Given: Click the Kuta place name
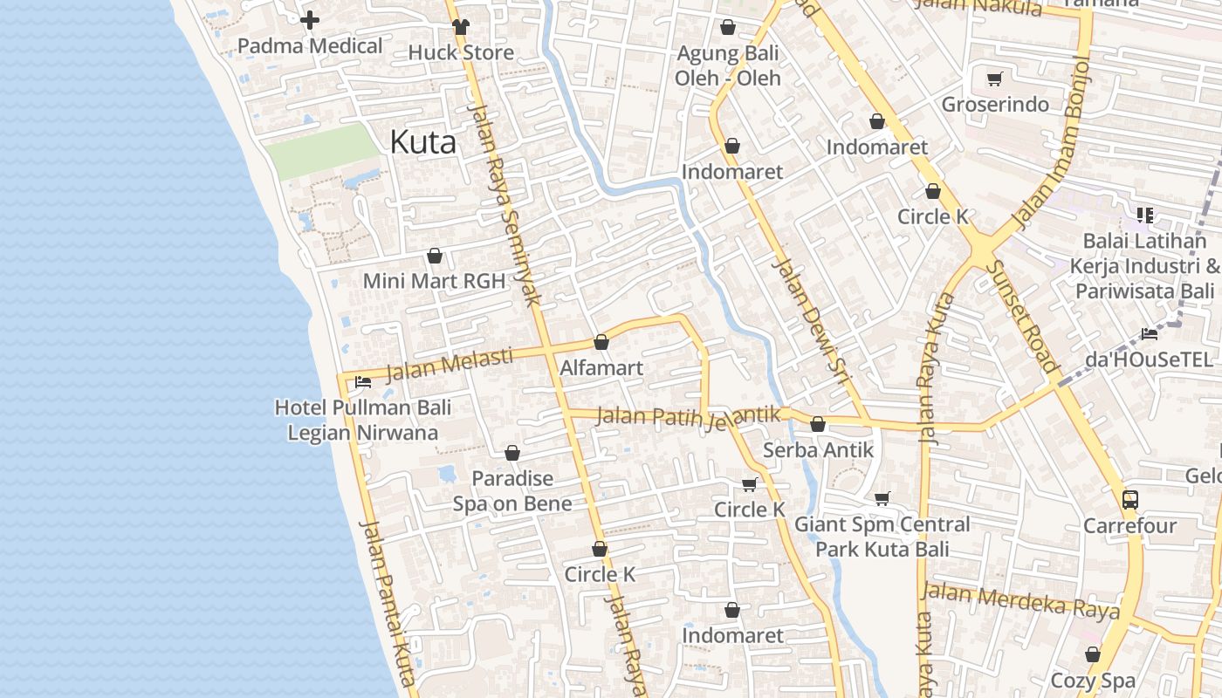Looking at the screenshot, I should [422, 141].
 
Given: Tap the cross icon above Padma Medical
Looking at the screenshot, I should [310, 20].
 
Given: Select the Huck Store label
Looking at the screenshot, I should [461, 52].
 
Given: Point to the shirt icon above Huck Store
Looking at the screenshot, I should [461, 26].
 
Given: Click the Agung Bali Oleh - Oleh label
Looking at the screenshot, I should [728, 65].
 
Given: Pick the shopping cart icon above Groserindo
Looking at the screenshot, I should [994, 79].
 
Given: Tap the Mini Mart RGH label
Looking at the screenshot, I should [434, 281].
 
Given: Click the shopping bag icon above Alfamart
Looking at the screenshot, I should [601, 342].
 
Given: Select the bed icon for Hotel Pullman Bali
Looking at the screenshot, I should [363, 382].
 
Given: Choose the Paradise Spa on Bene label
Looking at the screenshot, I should [512, 491].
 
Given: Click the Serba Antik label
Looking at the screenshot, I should [818, 450].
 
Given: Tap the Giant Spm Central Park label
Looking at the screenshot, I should [882, 537].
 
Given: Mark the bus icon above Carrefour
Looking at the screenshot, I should [1130, 500].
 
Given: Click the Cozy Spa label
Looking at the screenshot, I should [1093, 681].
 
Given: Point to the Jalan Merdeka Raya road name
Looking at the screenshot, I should [1020, 601].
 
